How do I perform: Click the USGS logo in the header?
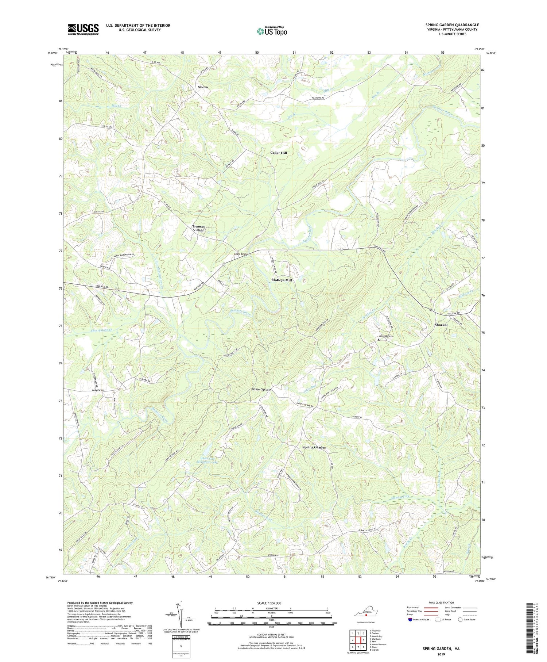click(83, 29)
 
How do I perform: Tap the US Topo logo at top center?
click(272, 31)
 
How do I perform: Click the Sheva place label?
click(203, 87)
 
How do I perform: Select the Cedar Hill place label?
click(279, 153)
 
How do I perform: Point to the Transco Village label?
click(199, 228)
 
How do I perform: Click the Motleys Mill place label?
click(282, 280)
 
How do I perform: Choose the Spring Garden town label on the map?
click(314, 447)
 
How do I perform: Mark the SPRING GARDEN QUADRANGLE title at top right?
click(452, 25)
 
